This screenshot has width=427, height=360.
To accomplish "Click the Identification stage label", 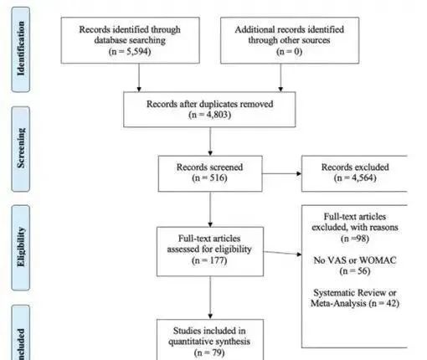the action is tap(21, 49).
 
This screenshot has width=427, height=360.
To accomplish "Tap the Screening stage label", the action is tap(21, 148).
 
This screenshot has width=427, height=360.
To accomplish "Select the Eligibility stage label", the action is tap(21, 247).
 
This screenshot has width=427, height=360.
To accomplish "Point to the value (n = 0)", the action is tap(289, 52).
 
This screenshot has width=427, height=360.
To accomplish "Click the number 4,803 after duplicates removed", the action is tap(218, 115).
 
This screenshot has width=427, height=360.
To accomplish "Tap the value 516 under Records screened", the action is tap(218, 177).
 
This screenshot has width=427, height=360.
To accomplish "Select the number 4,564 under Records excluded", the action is tap(363, 177).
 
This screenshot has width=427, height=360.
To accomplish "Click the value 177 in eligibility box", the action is tap(218, 260).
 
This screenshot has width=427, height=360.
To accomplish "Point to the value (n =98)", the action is tap(355, 239).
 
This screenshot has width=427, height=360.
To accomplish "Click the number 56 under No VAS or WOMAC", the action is tap(362, 271).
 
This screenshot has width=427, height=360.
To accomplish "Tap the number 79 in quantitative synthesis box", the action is tap(217, 352).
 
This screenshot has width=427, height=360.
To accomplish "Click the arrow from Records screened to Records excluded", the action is tap(282, 173).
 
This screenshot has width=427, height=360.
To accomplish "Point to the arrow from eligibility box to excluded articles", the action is tap(282, 253).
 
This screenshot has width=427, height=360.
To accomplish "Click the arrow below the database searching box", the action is tap(139, 78).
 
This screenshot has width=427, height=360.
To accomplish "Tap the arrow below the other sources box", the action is tap(280, 78).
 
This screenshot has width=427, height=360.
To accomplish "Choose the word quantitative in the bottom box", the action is tap(189, 342).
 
